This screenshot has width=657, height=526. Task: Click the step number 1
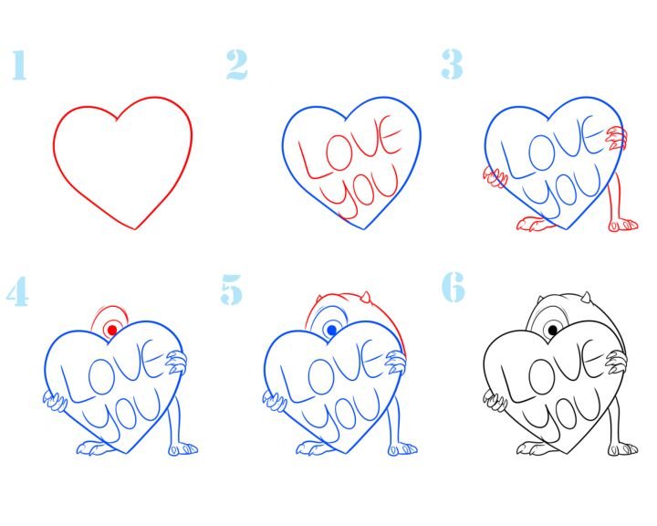point(19,65)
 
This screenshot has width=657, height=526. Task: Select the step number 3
point(452,64)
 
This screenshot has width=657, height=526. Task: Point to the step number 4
point(17,291)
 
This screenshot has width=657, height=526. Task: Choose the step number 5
point(232,289)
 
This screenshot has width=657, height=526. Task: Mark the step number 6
point(454,287)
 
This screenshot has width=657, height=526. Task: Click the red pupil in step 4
point(112,330)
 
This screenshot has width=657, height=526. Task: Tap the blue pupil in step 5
point(332,330)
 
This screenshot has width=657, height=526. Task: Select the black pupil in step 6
point(553,330)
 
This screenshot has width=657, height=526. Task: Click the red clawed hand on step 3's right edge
point(615,138)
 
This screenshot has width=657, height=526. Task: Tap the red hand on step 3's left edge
point(495,177)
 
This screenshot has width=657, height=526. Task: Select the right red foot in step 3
point(622,225)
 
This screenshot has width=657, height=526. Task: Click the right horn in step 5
point(365,299)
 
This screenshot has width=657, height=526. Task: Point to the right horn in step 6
point(586,299)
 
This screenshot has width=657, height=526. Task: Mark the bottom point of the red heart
point(135,229)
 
